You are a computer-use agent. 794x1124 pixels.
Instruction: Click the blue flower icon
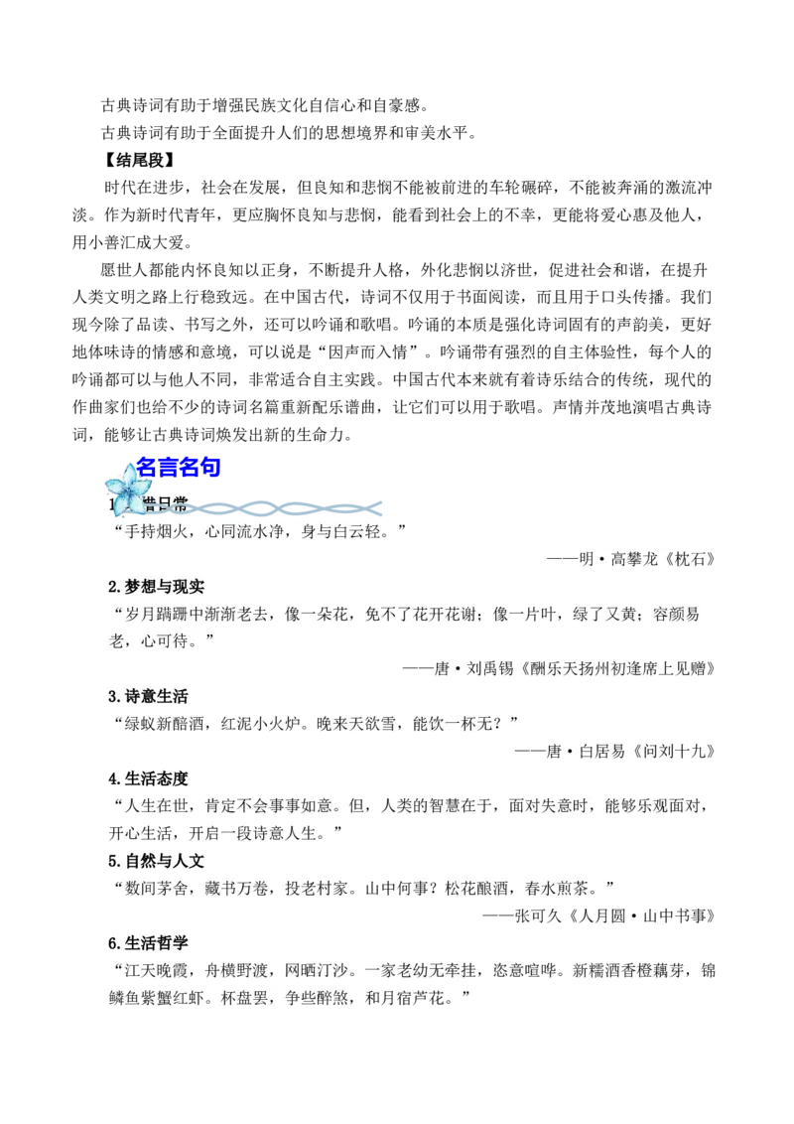tap(127, 490)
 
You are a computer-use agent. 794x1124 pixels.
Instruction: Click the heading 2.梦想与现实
tap(156, 586)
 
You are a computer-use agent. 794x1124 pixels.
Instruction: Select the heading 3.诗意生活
tap(148, 695)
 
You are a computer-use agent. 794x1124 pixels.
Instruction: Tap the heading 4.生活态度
tap(148, 777)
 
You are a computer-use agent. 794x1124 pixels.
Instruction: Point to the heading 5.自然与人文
tap(156, 860)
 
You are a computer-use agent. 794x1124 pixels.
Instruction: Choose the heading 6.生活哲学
tap(148, 942)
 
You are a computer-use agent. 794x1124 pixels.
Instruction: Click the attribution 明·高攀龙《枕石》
tap(640, 559)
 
